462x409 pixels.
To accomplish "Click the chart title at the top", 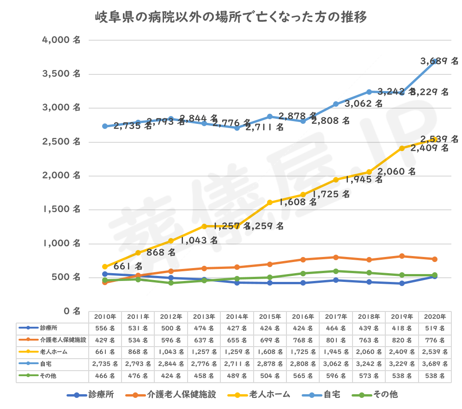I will (x=231, y=18).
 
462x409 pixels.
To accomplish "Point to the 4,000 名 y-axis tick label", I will (x=61, y=40).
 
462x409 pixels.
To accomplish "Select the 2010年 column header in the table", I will (x=105, y=317).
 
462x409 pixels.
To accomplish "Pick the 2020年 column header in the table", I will (x=434, y=317).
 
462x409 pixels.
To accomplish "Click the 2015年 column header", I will (x=270, y=317).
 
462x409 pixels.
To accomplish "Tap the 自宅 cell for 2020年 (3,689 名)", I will (x=434, y=364).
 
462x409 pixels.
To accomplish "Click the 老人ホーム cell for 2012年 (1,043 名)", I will (x=171, y=352).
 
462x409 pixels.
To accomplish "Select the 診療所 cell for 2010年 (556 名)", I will (x=105, y=328).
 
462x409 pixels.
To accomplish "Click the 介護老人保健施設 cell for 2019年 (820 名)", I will (x=401, y=340).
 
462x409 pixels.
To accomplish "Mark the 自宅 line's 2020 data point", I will (x=434, y=61).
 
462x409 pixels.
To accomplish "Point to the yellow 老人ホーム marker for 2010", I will (x=105, y=267).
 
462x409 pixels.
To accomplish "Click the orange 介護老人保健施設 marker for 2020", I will (x=434, y=259).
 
